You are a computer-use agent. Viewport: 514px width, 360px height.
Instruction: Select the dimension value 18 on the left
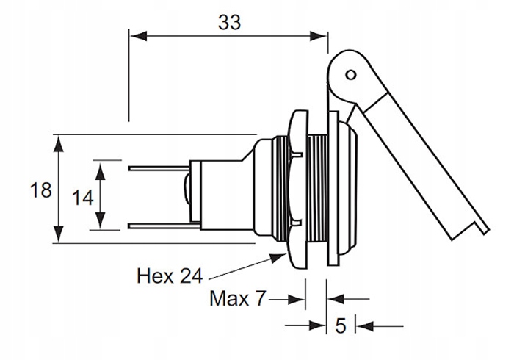(40, 190)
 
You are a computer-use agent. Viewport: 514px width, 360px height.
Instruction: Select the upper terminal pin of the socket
(159, 169)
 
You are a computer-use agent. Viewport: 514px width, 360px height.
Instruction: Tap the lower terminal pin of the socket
(159, 224)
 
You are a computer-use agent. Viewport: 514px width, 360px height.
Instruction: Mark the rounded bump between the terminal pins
(187, 195)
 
